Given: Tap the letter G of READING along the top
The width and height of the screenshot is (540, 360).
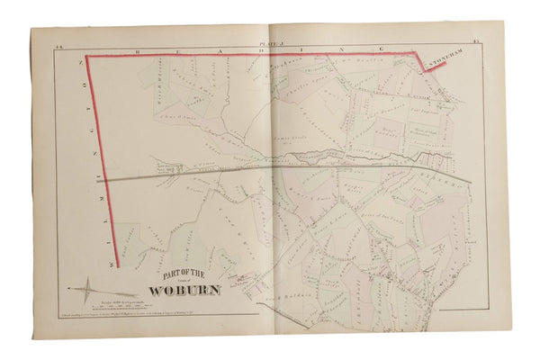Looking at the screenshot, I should click(382, 49).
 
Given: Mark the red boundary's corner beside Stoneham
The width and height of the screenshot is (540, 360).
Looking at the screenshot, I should click(420, 56).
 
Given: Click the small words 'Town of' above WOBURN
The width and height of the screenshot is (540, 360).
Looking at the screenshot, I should click(193, 283).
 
